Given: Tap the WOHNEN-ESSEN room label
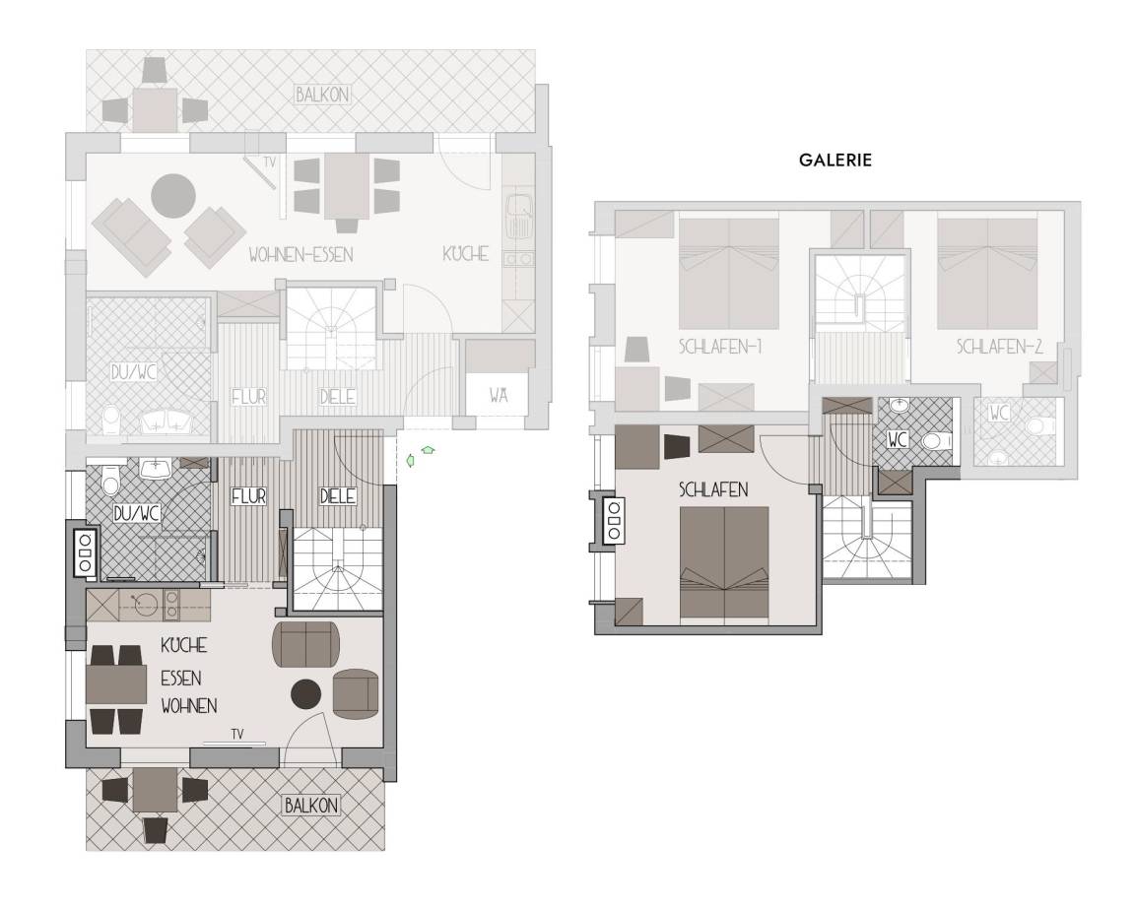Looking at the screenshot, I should pyautogui.click(x=300, y=254).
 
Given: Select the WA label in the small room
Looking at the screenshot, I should pyautogui.click(x=499, y=397).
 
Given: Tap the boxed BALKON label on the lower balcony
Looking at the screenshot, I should pyautogui.click(x=311, y=806).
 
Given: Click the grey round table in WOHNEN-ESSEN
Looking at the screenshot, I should pyautogui.click(x=173, y=195).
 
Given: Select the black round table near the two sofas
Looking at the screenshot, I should pyautogui.click(x=306, y=694).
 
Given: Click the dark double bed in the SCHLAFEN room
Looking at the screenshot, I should pyautogui.click(x=724, y=565).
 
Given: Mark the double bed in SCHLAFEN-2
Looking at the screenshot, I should pyautogui.click(x=987, y=273).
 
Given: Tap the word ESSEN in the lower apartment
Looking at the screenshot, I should pyautogui.click(x=181, y=678).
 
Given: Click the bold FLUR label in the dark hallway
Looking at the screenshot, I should pyautogui.click(x=249, y=497).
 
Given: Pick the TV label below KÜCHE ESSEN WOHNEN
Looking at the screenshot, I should pyautogui.click(x=235, y=733).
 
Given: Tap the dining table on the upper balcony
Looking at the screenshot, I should pyautogui.click(x=155, y=108).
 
